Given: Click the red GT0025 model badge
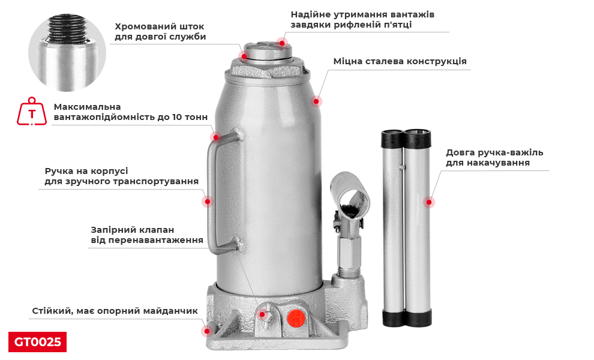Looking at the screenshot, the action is pyautogui.click(x=38, y=342).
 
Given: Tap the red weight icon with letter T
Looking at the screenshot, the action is pyautogui.click(x=32, y=112).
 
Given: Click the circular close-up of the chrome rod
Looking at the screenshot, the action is pyautogui.click(x=67, y=53).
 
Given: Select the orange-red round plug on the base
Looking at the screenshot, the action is pyautogui.click(x=296, y=318).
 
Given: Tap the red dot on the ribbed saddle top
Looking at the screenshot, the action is pyautogui.click(x=282, y=43).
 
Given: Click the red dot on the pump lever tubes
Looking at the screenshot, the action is pyautogui.click(x=429, y=202).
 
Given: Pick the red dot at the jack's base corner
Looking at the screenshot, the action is pyautogui.click(x=207, y=331).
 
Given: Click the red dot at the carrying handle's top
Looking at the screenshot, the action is pyautogui.click(x=216, y=137).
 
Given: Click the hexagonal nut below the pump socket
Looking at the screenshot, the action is pyautogui.click(x=349, y=251).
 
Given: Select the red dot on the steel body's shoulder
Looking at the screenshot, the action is pyautogui.click(x=316, y=101).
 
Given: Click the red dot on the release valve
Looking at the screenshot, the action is pyautogui.click(x=262, y=314).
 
